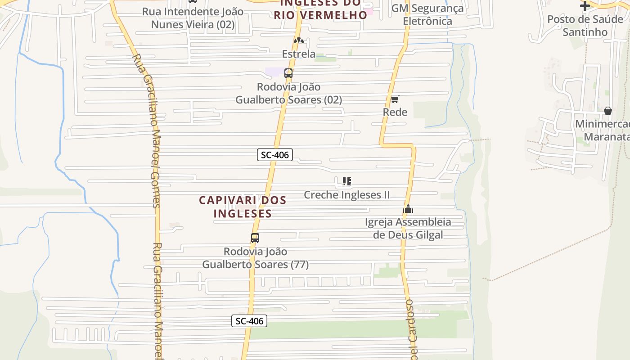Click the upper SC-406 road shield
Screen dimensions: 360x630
coord(275,155)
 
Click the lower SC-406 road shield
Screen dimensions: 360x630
coord(249,321)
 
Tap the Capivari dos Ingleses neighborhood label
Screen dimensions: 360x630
coord(243,207)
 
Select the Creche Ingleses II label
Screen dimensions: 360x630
coord(346,195)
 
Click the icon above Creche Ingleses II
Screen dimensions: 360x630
coord(346,181)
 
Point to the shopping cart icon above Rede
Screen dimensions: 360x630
coord(395,99)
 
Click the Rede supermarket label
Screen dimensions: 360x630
coord(395,112)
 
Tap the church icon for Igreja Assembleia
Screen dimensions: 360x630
coord(408,209)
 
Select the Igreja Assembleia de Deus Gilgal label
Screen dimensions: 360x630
coord(408,228)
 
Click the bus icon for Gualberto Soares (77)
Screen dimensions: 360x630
coord(255,238)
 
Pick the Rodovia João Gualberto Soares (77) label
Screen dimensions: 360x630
coord(255,258)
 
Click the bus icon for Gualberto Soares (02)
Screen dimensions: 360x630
coord(288,73)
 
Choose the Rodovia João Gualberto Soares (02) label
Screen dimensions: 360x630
coord(288,93)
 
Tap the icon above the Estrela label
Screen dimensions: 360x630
coord(299,40)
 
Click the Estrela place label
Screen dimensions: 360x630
coord(299,54)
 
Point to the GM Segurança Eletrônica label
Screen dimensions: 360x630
coord(427,14)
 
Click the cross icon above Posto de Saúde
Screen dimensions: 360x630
coord(585,6)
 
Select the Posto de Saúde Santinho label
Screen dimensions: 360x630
coord(585,26)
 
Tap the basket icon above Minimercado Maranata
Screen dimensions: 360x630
coord(607,110)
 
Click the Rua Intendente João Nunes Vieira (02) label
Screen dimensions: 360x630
coord(193,18)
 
